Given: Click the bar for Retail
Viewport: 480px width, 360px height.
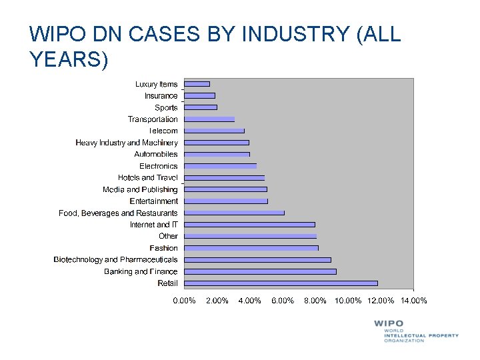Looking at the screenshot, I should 281,283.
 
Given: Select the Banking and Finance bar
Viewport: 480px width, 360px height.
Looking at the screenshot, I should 260,271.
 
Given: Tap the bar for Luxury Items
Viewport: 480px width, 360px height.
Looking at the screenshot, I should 197,84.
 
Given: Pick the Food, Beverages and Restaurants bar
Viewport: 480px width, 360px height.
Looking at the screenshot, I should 234,213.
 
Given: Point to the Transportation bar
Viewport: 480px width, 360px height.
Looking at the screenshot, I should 209,119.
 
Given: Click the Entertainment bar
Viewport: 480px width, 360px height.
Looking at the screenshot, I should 226,201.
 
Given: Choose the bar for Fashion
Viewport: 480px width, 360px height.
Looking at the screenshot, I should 251,248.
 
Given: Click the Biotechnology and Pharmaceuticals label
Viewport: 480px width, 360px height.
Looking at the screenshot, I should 116,259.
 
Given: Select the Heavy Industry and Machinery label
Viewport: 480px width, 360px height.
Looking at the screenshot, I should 127,143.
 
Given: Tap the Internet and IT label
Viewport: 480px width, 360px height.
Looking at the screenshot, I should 154,225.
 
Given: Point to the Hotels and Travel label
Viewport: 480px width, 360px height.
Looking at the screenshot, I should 148,177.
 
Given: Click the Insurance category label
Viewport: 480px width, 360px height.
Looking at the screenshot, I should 161,96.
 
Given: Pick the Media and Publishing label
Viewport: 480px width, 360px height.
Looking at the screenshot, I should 140,189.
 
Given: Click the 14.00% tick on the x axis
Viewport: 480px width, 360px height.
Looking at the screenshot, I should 413,301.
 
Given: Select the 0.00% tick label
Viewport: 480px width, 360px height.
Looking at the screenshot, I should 185,301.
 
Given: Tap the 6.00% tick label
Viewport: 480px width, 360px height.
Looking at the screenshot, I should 283,301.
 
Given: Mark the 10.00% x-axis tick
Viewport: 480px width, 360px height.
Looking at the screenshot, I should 348,301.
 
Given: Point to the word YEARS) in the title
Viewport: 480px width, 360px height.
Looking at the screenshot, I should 69,60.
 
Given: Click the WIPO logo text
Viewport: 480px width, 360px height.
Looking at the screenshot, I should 389,324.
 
